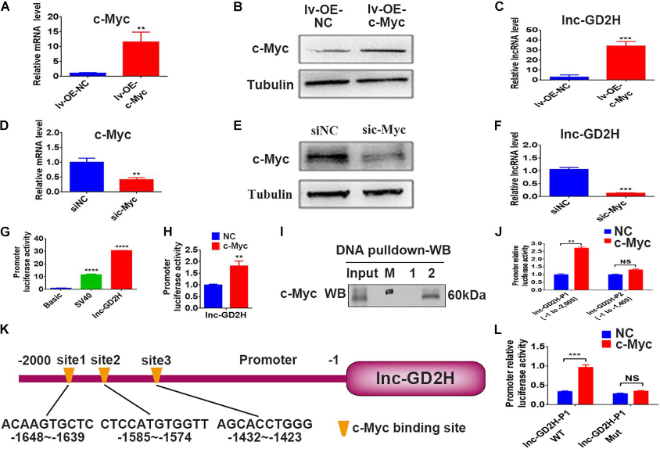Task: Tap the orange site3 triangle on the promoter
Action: coord(156,375)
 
